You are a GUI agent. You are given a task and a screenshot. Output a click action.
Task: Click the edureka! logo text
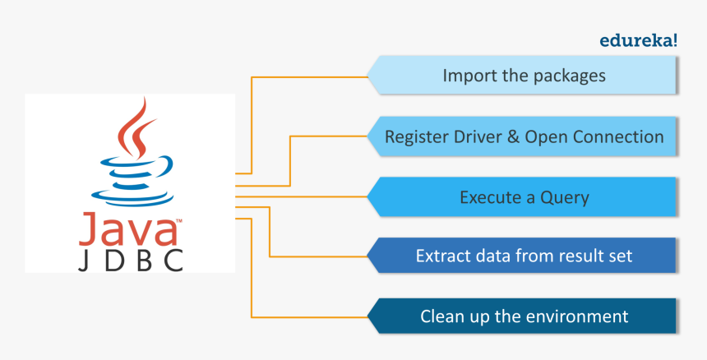tap(640, 39)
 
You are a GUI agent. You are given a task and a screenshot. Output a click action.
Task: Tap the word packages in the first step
tap(568, 76)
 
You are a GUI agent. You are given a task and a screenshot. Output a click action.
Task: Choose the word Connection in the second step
tap(617, 136)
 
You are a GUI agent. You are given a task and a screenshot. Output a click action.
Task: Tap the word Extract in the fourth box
tap(444, 256)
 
